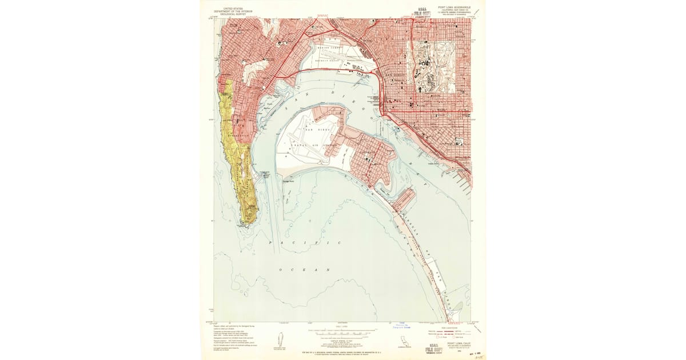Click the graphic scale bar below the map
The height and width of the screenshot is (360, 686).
click(x=344, y=330)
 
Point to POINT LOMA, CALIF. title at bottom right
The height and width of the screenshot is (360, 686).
click(x=455, y=342)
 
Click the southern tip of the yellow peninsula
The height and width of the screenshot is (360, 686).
click(x=248, y=221)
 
